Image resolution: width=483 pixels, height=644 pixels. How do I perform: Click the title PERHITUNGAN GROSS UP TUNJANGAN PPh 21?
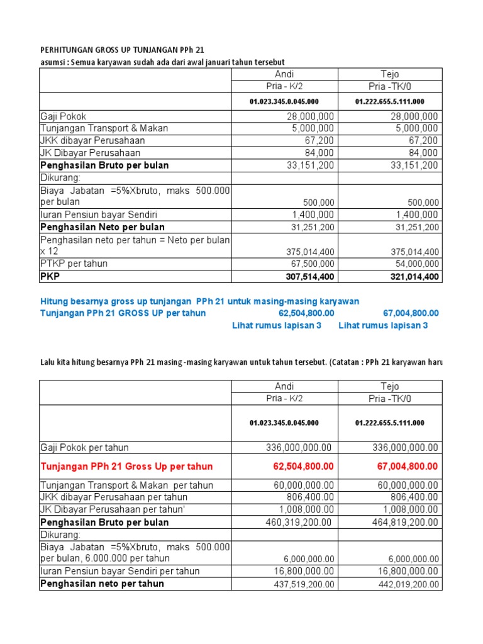123,50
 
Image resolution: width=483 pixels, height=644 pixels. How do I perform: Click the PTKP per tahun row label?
74,264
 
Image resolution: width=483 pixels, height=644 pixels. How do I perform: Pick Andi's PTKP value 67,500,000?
313,264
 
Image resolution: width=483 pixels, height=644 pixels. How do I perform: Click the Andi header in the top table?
284,74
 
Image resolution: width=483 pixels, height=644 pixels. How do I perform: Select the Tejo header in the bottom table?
390,386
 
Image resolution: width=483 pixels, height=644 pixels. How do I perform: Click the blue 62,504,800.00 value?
306,313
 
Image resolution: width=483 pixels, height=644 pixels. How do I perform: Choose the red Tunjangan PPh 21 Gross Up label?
126,467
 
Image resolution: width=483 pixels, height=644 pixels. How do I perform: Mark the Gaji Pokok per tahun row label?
84,448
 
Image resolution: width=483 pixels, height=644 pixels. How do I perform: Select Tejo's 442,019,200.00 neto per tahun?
402,584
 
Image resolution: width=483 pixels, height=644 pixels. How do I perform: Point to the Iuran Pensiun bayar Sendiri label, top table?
94,214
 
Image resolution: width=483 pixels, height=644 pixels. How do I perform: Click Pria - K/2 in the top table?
284,86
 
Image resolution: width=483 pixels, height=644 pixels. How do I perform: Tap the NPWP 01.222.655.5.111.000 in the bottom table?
390,423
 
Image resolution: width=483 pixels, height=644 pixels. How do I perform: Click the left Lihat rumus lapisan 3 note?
277,325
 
